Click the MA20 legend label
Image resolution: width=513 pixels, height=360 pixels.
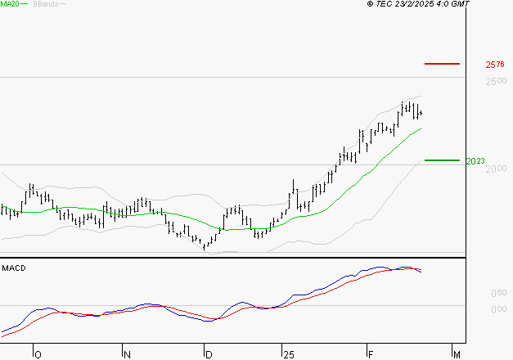[11, 4]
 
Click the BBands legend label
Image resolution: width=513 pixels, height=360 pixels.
[44, 4]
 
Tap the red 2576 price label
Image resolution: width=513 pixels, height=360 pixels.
[494, 64]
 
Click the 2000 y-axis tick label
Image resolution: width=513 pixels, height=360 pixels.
[494, 169]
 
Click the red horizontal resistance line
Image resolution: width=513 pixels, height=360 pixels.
[443, 63]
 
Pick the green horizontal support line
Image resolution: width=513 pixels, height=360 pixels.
[443, 160]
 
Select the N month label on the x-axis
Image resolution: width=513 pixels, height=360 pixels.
[127, 354]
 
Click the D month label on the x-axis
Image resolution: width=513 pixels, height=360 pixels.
[209, 354]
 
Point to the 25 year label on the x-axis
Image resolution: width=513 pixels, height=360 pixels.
[287, 354]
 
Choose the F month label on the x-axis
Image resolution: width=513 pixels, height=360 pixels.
[370, 354]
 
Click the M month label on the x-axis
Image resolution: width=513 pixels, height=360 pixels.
[457, 354]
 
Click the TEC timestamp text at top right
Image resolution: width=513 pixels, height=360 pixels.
[423, 4]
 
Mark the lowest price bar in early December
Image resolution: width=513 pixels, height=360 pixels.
[205, 245]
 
